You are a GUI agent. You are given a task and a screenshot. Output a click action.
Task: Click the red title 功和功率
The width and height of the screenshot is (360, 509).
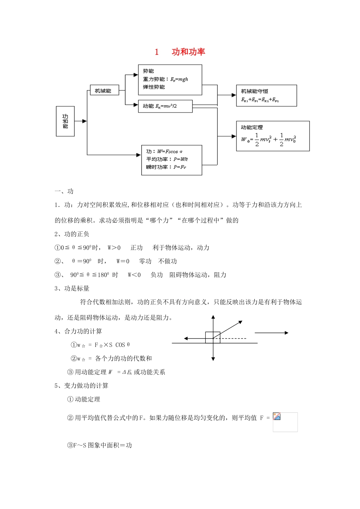pyautogui.click(x=188, y=52)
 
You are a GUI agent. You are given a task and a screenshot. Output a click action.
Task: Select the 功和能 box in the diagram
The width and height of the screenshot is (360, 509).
pyautogui.click(x=65, y=121)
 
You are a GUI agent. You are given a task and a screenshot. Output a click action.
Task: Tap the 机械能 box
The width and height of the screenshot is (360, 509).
pyautogui.click(x=103, y=91)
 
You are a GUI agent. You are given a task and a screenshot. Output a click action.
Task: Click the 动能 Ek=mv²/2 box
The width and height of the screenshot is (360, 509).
pyautogui.click(x=165, y=106)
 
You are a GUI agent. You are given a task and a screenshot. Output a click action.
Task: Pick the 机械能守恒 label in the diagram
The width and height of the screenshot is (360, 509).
pyautogui.click(x=255, y=91)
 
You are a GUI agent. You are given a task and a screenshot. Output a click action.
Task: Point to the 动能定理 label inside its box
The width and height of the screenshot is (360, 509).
pyautogui.click(x=252, y=127)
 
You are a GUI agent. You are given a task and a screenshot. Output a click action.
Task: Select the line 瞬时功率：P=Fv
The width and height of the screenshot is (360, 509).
pyautogui.click(x=166, y=167)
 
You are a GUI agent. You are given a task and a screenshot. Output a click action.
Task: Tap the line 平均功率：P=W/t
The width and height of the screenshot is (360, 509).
pyautogui.click(x=167, y=159)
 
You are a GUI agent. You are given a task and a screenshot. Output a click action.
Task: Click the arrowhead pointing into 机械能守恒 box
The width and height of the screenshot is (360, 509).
pyautogui.click(x=234, y=95)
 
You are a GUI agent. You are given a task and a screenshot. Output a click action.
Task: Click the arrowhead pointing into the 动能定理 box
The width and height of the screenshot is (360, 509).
pyautogui.click(x=234, y=136)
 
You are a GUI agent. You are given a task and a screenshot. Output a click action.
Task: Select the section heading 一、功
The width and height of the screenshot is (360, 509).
pyautogui.click(x=64, y=191)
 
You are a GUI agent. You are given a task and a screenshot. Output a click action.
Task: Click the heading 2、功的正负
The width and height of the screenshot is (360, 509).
pyautogui.click(x=72, y=234)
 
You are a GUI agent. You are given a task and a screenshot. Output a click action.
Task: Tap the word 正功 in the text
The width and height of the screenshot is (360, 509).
pyautogui.click(x=136, y=248)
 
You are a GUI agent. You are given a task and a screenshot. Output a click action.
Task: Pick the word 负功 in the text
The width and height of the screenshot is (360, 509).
pyautogui.click(x=157, y=275)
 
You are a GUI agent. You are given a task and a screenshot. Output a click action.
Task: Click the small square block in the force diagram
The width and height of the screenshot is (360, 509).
pyautogui.click(x=213, y=337)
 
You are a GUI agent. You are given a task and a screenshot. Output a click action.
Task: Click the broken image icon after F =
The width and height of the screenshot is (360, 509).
pyautogui.click(x=277, y=416)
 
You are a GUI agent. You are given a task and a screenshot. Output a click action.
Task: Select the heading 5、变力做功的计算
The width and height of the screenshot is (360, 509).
pyautogui.click(x=81, y=386)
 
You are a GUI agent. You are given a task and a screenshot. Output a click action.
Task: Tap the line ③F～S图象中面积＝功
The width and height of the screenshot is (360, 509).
pyautogui.click(x=99, y=445)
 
